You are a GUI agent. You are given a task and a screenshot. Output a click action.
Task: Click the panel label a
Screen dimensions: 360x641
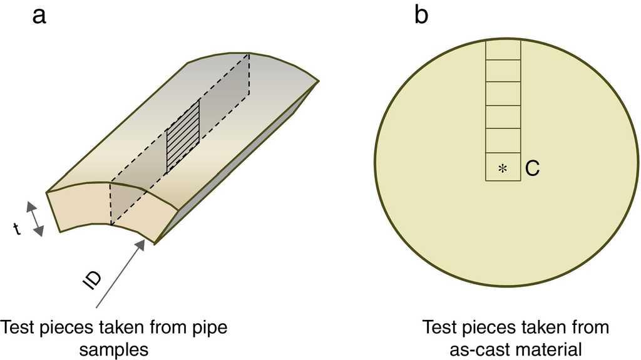(39, 16)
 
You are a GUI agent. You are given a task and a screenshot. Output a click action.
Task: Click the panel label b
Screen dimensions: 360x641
(421, 16)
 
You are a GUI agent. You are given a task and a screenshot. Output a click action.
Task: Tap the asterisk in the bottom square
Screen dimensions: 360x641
(502, 168)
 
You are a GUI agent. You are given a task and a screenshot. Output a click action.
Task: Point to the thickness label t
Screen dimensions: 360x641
(17, 230)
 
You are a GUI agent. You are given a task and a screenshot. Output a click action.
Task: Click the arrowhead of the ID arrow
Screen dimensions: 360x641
(141, 244)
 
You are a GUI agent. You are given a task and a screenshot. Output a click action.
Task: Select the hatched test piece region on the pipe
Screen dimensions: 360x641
(182, 136)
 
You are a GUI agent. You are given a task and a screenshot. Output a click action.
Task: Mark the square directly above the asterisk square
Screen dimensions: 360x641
(503, 141)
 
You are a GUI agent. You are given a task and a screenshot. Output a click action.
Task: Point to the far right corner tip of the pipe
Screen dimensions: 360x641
(319, 81)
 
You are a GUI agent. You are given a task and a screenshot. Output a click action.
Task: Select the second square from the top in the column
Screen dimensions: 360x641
(503, 71)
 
